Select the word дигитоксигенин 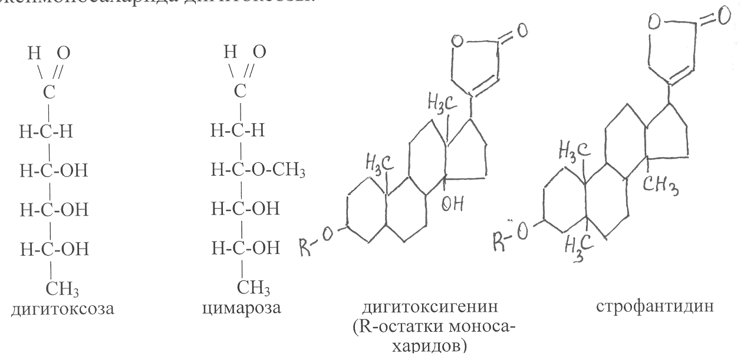(x=411, y=307)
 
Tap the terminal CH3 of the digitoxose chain (x=64, y=289)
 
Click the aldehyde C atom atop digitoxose (x=52, y=92)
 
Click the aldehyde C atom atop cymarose (x=239, y=92)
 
